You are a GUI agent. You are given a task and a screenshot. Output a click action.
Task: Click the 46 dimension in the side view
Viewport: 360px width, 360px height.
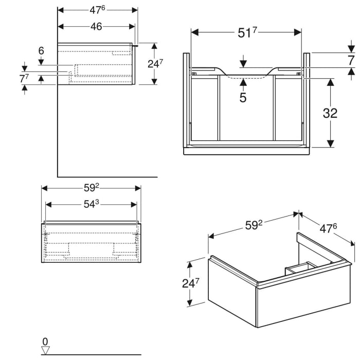[96, 27]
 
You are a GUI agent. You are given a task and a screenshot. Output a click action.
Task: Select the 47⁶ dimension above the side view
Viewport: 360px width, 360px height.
[97, 10]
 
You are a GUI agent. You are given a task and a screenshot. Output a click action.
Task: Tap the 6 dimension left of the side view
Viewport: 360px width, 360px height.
[41, 50]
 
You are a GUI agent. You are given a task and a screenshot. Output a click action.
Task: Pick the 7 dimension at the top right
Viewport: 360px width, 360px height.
[350, 60]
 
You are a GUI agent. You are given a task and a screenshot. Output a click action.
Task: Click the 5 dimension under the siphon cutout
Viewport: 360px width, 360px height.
[243, 97]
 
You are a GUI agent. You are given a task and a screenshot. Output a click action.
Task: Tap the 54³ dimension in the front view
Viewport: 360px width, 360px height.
[91, 204]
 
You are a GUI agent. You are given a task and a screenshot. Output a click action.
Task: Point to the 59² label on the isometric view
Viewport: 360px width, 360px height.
[253, 224]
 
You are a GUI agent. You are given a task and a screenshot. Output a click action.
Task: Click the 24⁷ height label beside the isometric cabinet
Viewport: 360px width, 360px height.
[190, 283]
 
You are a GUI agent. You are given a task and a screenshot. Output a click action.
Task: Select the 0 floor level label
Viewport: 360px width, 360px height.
[45, 341]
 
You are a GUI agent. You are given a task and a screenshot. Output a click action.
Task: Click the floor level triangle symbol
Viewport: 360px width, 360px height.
[45, 350]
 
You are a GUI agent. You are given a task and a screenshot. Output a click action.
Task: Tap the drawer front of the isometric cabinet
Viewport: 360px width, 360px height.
[303, 298]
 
